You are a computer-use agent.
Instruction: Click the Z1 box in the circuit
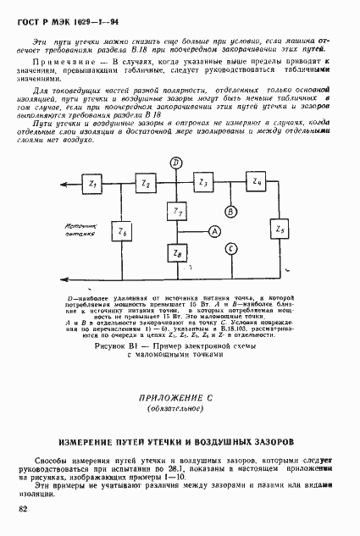[93, 184]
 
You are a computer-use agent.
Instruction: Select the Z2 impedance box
[146, 184]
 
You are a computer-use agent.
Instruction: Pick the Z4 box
[258, 184]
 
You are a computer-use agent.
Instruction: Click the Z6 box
[124, 230]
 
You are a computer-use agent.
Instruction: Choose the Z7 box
[175, 211]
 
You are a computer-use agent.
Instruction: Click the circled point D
[175, 163]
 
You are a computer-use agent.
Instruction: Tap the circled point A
[215, 230]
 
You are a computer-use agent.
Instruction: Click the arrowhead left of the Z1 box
[67, 184]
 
